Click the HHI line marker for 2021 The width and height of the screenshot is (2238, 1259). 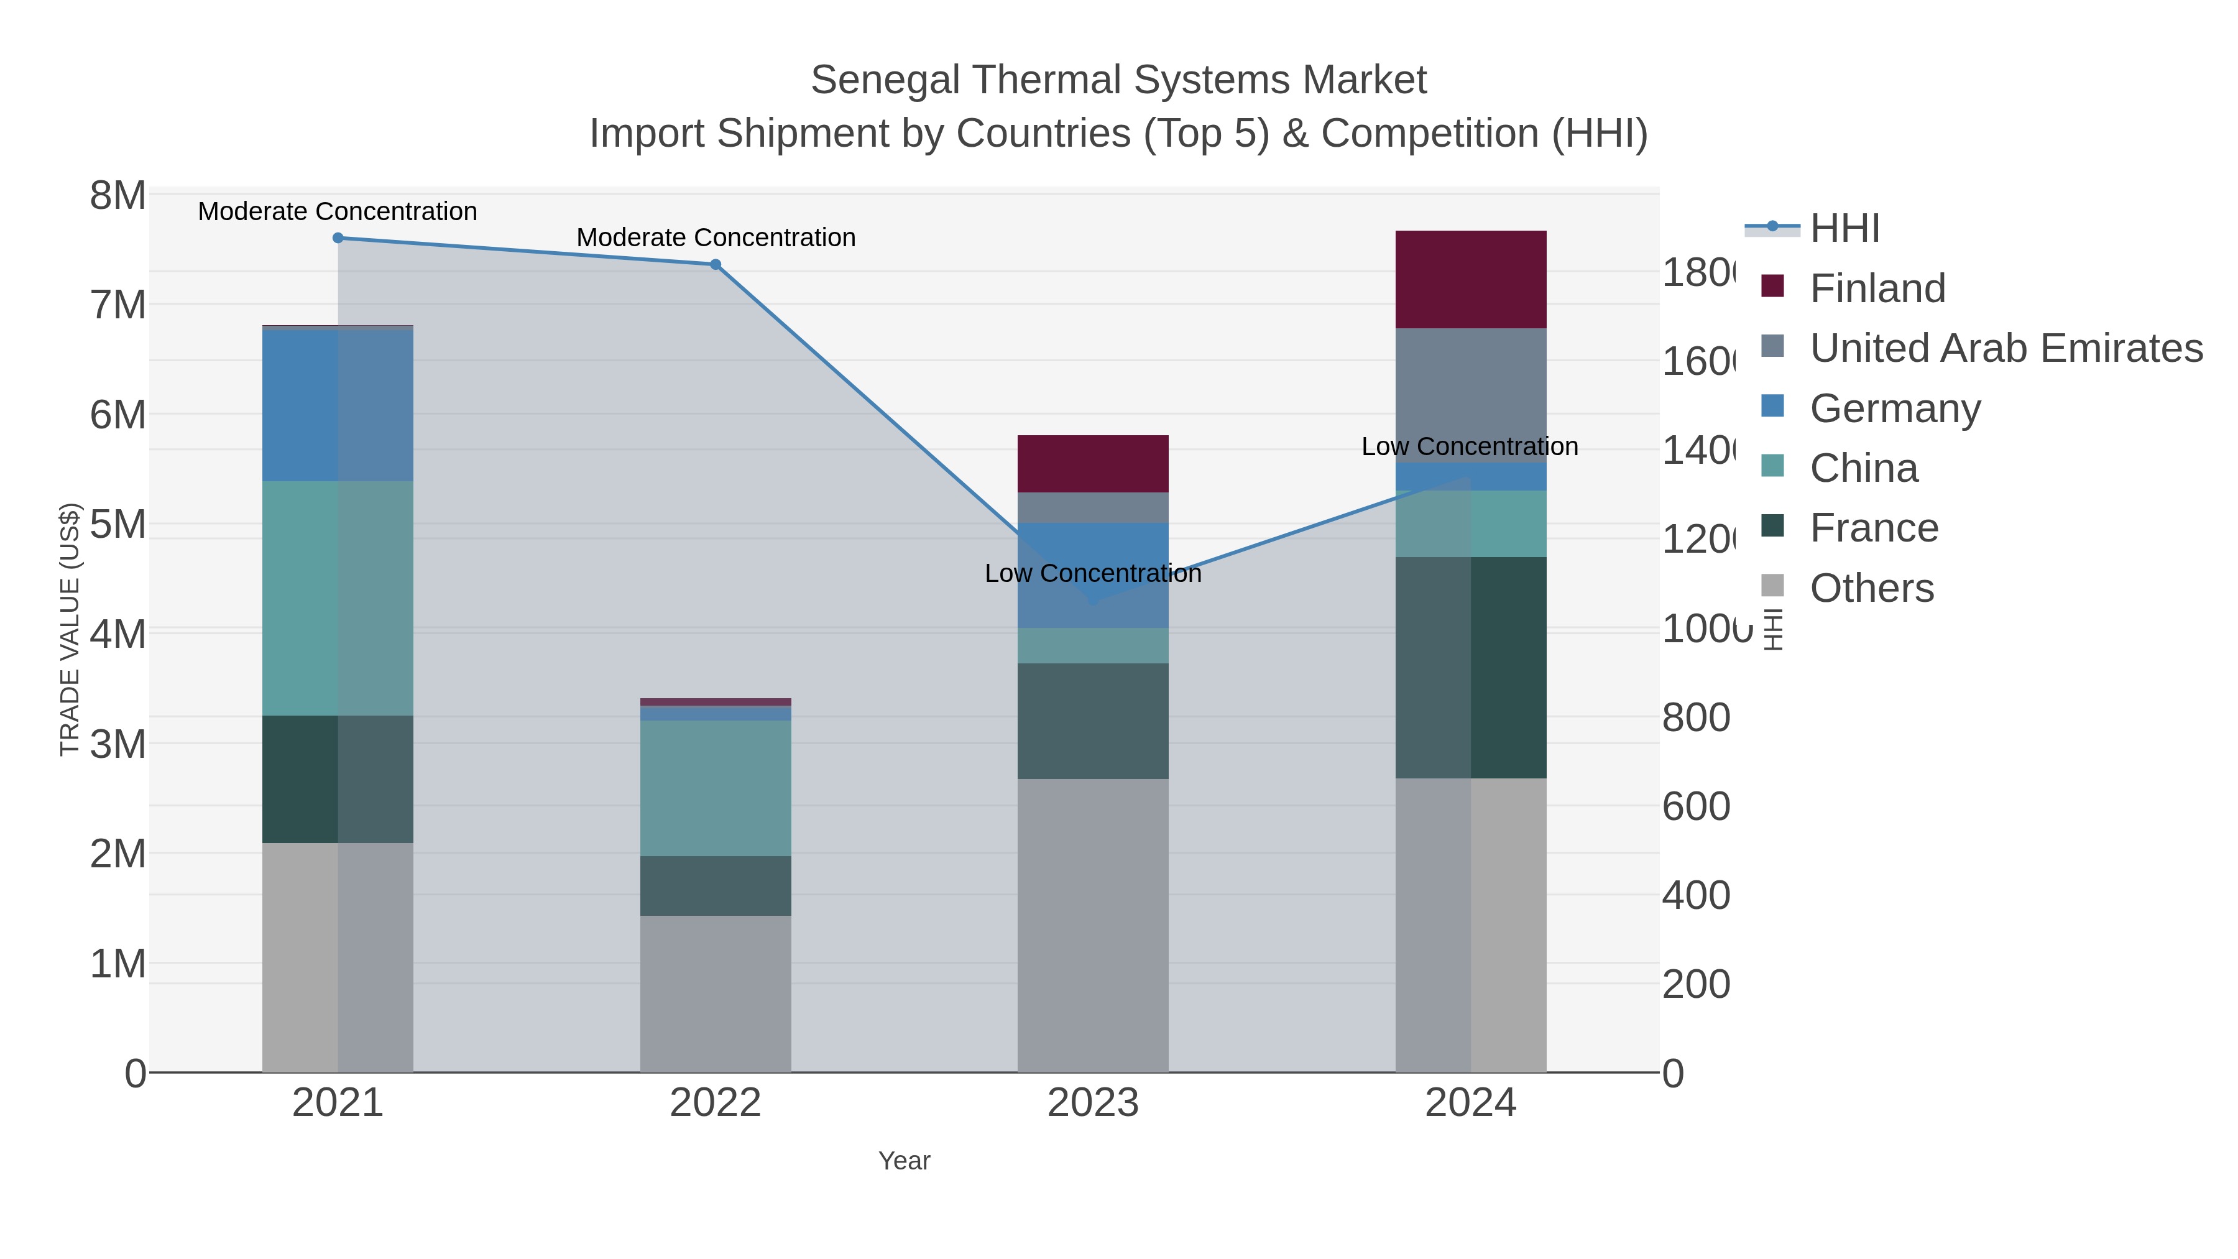338,238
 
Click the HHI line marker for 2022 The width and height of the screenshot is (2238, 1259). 715,264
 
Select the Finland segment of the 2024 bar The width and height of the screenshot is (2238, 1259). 1470,279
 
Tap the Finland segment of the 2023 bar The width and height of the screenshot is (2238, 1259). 1092,463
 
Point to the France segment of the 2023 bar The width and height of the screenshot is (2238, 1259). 1092,721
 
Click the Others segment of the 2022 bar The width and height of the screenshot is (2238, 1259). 715,993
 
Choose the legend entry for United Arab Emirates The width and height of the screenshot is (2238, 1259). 2005,348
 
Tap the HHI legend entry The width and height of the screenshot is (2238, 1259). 1844,228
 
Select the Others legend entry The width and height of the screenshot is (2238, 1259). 1871,588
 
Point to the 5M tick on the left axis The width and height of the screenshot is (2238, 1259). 117,524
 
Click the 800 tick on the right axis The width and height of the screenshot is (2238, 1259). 1695,717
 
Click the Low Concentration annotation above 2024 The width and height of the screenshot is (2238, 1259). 1469,446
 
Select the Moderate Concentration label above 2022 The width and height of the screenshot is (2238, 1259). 715,238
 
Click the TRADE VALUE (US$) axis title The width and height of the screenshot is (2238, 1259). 70,629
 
